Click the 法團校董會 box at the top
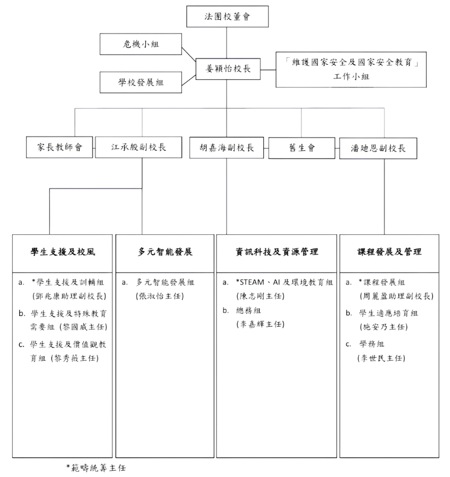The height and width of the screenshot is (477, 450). [227, 16]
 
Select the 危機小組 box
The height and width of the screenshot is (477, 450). [141, 44]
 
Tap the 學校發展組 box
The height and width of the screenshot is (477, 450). [141, 82]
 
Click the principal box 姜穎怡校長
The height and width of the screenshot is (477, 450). [228, 69]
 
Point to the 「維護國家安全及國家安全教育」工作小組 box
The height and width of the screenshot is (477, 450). [351, 70]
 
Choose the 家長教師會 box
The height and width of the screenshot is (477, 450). [59, 147]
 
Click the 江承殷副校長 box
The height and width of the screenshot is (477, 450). [139, 147]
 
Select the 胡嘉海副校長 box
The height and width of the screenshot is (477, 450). [227, 148]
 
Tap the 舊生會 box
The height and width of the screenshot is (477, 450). [302, 148]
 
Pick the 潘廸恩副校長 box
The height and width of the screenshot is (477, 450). [378, 148]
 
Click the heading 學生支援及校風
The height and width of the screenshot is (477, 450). [63, 252]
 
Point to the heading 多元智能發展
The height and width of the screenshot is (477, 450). [165, 252]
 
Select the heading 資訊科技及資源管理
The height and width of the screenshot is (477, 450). [277, 252]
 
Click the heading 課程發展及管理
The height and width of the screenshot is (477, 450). [389, 252]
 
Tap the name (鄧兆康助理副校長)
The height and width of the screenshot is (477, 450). [70, 296]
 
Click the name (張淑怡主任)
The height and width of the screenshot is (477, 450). [160, 296]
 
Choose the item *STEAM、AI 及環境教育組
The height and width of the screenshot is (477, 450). [284, 282]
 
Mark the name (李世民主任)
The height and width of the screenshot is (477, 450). [382, 358]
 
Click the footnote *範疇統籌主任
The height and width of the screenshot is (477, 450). [96, 468]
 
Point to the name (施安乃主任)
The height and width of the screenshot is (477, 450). [384, 327]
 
